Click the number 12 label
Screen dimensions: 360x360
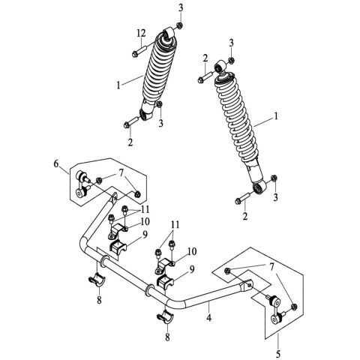tap(140, 33)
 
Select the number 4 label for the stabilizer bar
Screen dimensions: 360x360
tap(208, 318)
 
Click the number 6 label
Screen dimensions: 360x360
tap(55, 163)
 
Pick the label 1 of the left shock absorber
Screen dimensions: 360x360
tap(118, 85)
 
